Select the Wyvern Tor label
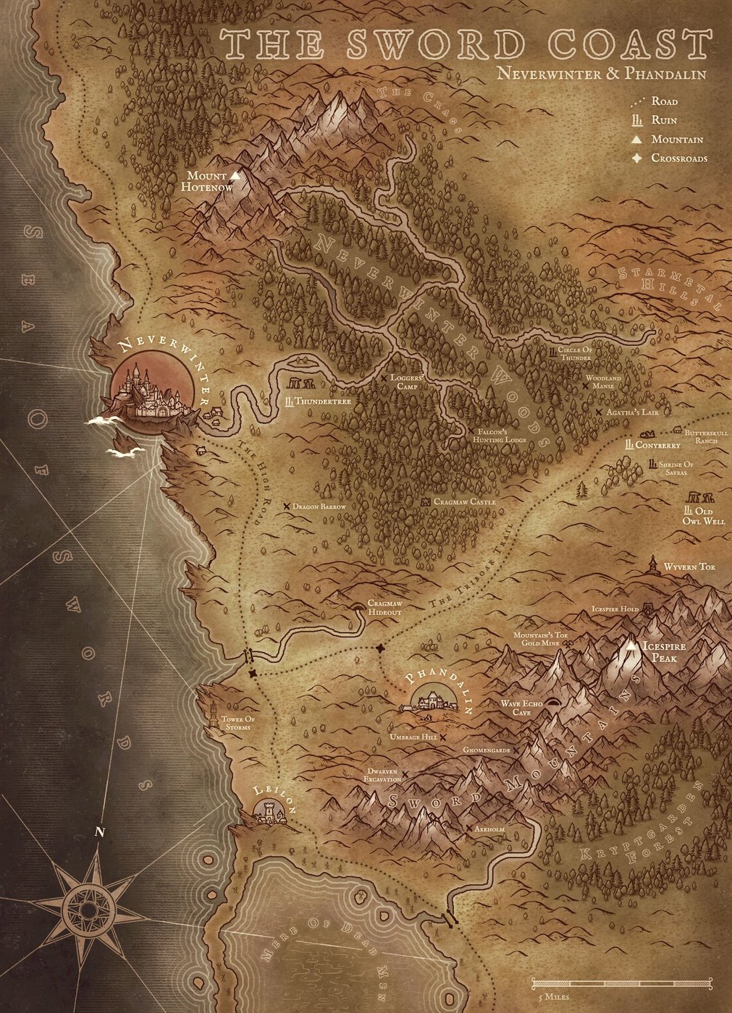689,567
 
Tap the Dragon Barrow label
319,507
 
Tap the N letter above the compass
98,830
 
